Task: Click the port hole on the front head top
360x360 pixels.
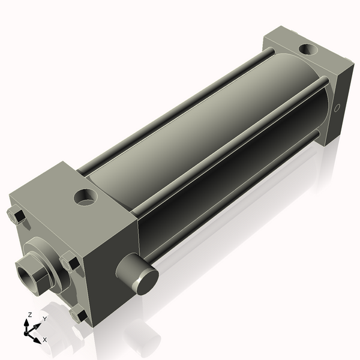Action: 86,197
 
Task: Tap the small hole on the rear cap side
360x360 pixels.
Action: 337,109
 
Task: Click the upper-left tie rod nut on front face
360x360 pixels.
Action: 16,215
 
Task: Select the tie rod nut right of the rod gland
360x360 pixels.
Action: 70,263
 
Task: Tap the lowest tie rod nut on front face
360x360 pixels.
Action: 78,315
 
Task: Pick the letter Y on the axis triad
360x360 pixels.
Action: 44,319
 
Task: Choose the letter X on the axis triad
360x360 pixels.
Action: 45,340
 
